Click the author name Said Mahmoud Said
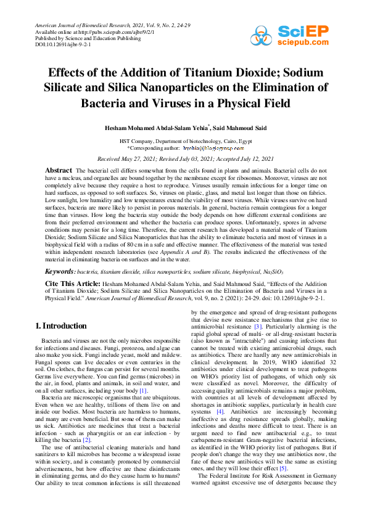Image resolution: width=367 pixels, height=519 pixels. click(231, 128)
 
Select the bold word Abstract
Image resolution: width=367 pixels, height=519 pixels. click(59, 170)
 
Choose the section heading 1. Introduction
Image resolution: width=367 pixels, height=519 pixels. click(60, 325)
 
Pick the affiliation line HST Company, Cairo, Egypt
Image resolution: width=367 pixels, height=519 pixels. click(183, 141)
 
